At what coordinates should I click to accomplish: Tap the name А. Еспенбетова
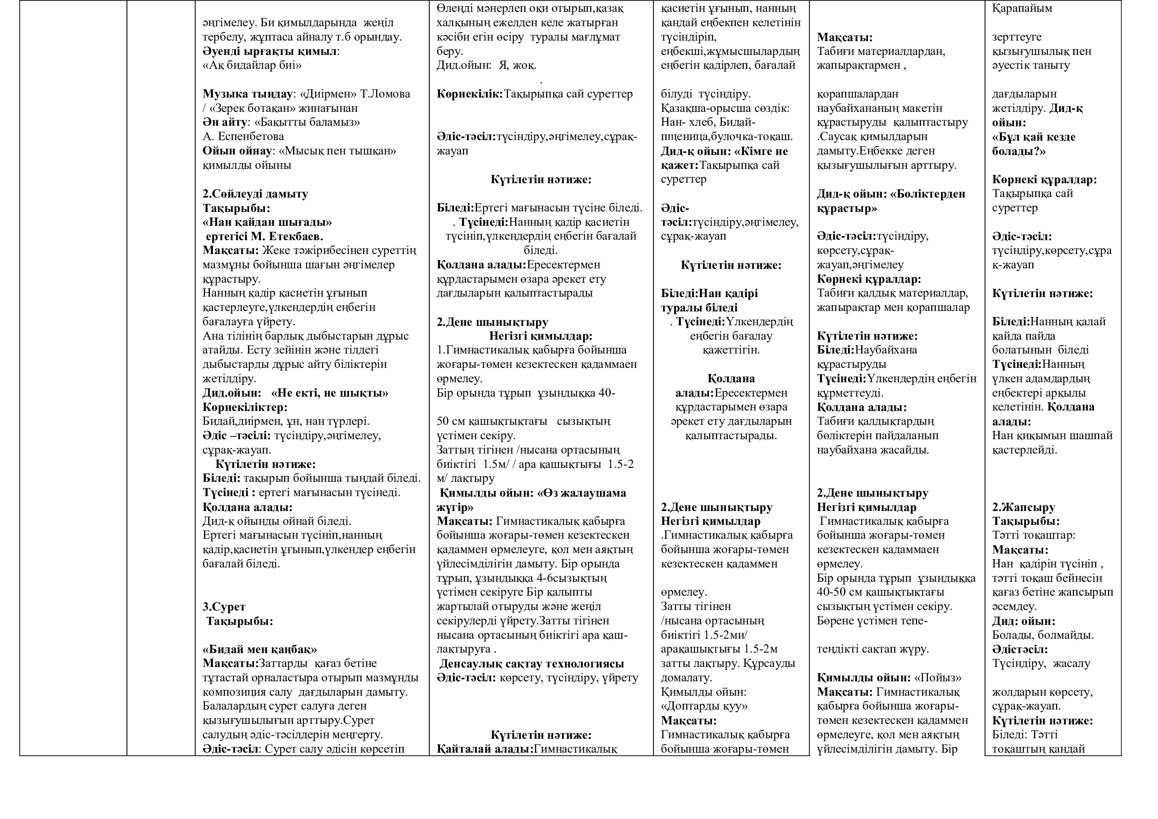coord(243,137)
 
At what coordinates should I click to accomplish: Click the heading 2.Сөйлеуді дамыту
coord(255,194)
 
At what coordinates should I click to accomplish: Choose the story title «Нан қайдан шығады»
coord(267,222)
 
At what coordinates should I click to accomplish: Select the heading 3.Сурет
coord(224,607)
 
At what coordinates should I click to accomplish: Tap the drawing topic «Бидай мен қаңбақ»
coord(260,650)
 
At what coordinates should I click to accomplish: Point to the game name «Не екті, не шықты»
coord(330,393)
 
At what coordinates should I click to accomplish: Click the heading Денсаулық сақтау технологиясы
coord(532,664)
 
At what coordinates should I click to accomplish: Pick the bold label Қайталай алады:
coord(485,749)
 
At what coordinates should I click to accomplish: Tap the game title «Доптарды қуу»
coord(704,706)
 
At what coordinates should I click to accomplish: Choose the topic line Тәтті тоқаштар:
coord(1033,536)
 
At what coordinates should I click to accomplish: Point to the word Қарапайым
coord(1022,8)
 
